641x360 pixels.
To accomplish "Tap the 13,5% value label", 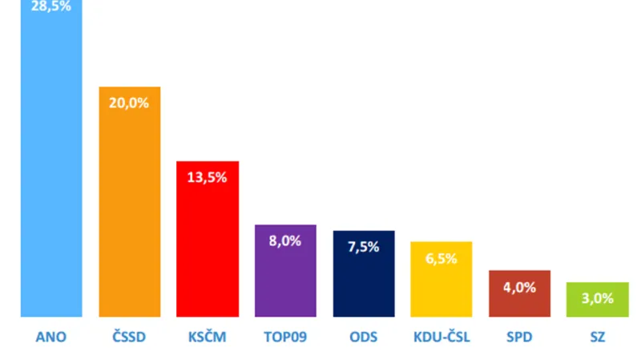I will point(208,177).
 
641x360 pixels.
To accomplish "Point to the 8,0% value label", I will point(285,241).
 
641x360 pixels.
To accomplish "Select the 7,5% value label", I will point(364,246).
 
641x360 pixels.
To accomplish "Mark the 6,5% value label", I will point(441,257).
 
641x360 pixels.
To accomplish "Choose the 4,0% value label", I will point(520,286).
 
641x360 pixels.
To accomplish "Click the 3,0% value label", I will point(598,298).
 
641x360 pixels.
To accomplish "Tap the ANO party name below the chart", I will point(51,338).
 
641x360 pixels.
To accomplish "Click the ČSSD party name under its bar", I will point(130,338).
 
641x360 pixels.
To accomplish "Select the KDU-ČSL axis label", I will point(441,338).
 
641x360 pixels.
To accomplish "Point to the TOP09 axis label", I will point(285,338).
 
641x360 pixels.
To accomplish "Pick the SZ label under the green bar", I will point(598,338).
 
